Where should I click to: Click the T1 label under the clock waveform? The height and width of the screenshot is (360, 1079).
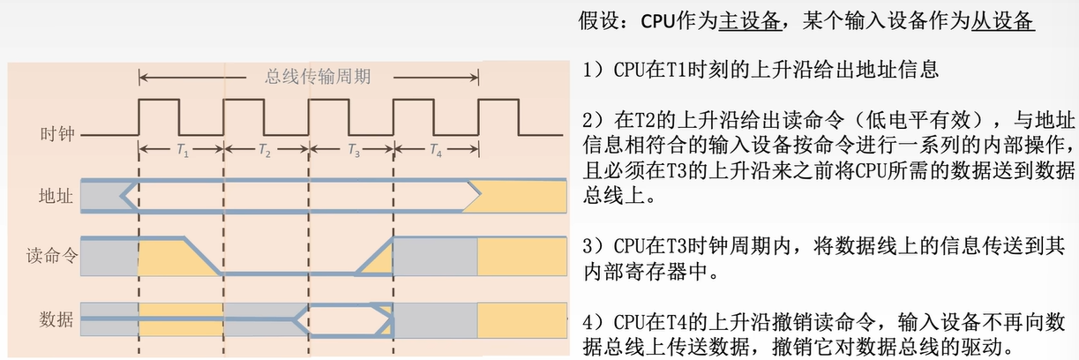183,151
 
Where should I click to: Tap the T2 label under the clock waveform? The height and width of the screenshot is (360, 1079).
265,151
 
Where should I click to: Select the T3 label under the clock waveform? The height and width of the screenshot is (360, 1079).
352,151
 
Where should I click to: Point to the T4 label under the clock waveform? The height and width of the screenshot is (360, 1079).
436,151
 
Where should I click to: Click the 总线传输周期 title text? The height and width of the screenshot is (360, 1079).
318,76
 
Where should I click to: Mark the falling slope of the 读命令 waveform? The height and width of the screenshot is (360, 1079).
203,256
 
